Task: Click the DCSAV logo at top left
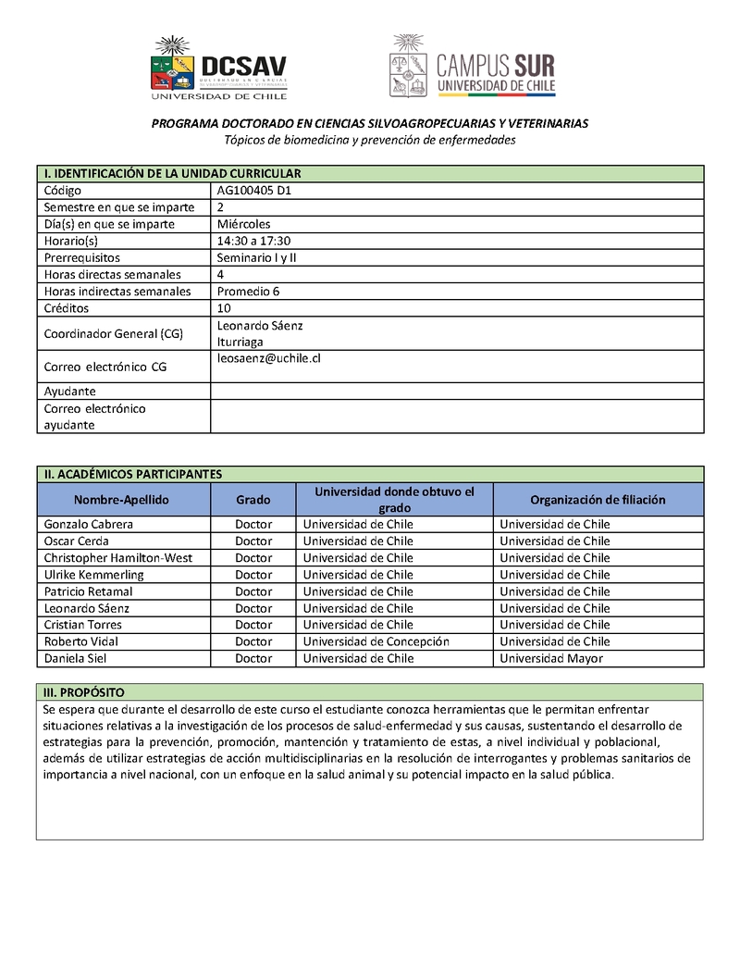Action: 218,68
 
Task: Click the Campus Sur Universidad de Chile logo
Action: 473,68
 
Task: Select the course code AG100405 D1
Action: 254,191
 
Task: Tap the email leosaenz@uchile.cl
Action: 268,358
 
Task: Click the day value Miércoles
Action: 243,224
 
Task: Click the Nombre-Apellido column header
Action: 122,500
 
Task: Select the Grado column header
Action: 253,500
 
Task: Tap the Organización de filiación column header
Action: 598,500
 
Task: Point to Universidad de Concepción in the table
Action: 376,641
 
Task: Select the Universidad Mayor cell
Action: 551,659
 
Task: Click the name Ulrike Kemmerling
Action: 94,575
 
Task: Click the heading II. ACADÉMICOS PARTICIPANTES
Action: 133,474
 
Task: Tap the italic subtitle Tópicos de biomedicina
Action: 370,140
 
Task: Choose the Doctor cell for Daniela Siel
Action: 253,659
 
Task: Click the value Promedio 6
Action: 248,292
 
